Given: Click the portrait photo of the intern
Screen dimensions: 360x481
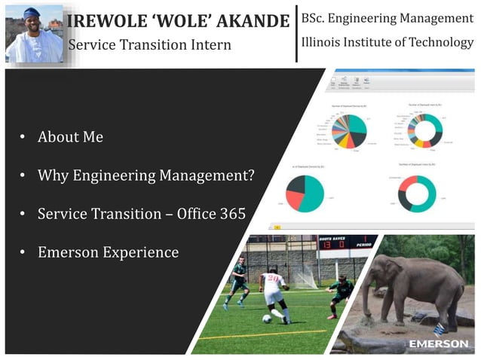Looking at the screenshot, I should point(34,34).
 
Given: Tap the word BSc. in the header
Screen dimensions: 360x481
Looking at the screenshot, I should point(315,17).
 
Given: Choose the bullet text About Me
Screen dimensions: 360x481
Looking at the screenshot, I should point(70,137).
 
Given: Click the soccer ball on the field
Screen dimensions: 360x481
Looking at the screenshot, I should point(266,318).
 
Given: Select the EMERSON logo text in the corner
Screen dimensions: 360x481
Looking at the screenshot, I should point(439,344).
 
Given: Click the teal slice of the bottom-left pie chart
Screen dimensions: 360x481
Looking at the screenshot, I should point(311,194).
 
